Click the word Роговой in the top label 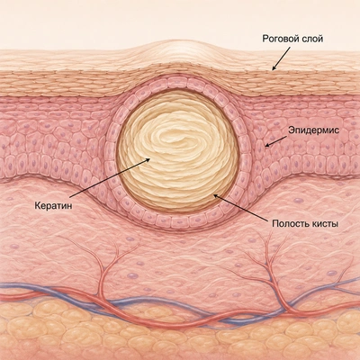click(280, 39)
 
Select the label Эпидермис click(314, 130)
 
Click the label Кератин click(53, 206)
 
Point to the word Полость click(288, 224)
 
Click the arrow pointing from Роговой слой click(281, 58)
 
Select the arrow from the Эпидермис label click(275, 141)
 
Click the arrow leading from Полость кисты click(239, 207)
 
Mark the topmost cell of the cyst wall click(177, 83)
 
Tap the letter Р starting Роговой click(265, 39)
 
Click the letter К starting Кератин click(38, 206)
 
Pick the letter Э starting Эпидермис click(292, 130)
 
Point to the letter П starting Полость click(275, 224)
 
